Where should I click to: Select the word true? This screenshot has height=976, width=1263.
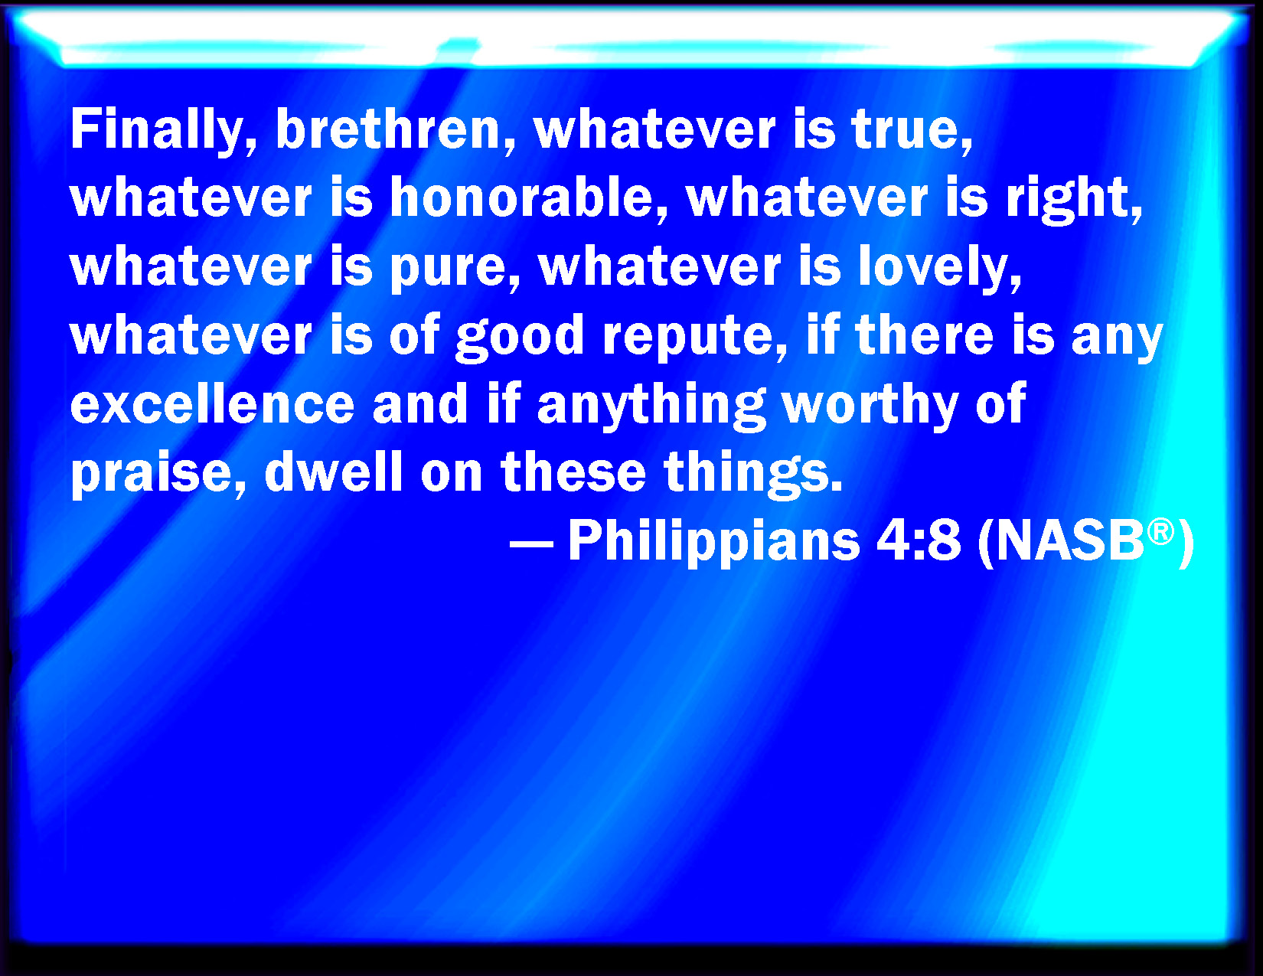click(x=912, y=130)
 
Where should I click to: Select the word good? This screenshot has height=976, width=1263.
click(x=520, y=337)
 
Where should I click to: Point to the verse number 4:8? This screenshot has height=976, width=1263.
click(x=919, y=540)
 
